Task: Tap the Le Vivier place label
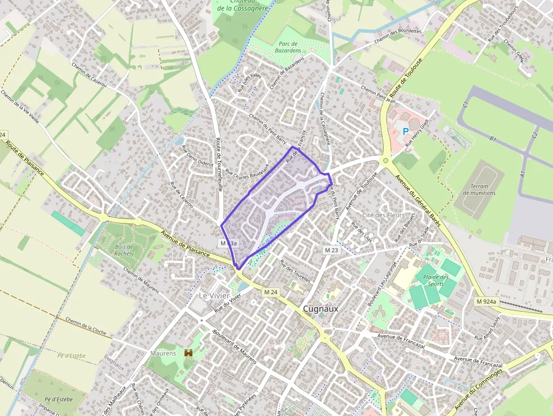(212, 295)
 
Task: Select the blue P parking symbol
(405, 131)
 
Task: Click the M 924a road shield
(486, 301)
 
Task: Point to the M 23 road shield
(331, 249)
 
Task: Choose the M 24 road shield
(270, 292)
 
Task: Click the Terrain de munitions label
(479, 189)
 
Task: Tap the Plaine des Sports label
(436, 281)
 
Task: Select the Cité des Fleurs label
(384, 215)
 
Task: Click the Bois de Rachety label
(124, 249)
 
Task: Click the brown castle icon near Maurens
(189, 352)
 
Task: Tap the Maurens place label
(164, 353)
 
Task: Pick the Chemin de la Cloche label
(85, 326)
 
